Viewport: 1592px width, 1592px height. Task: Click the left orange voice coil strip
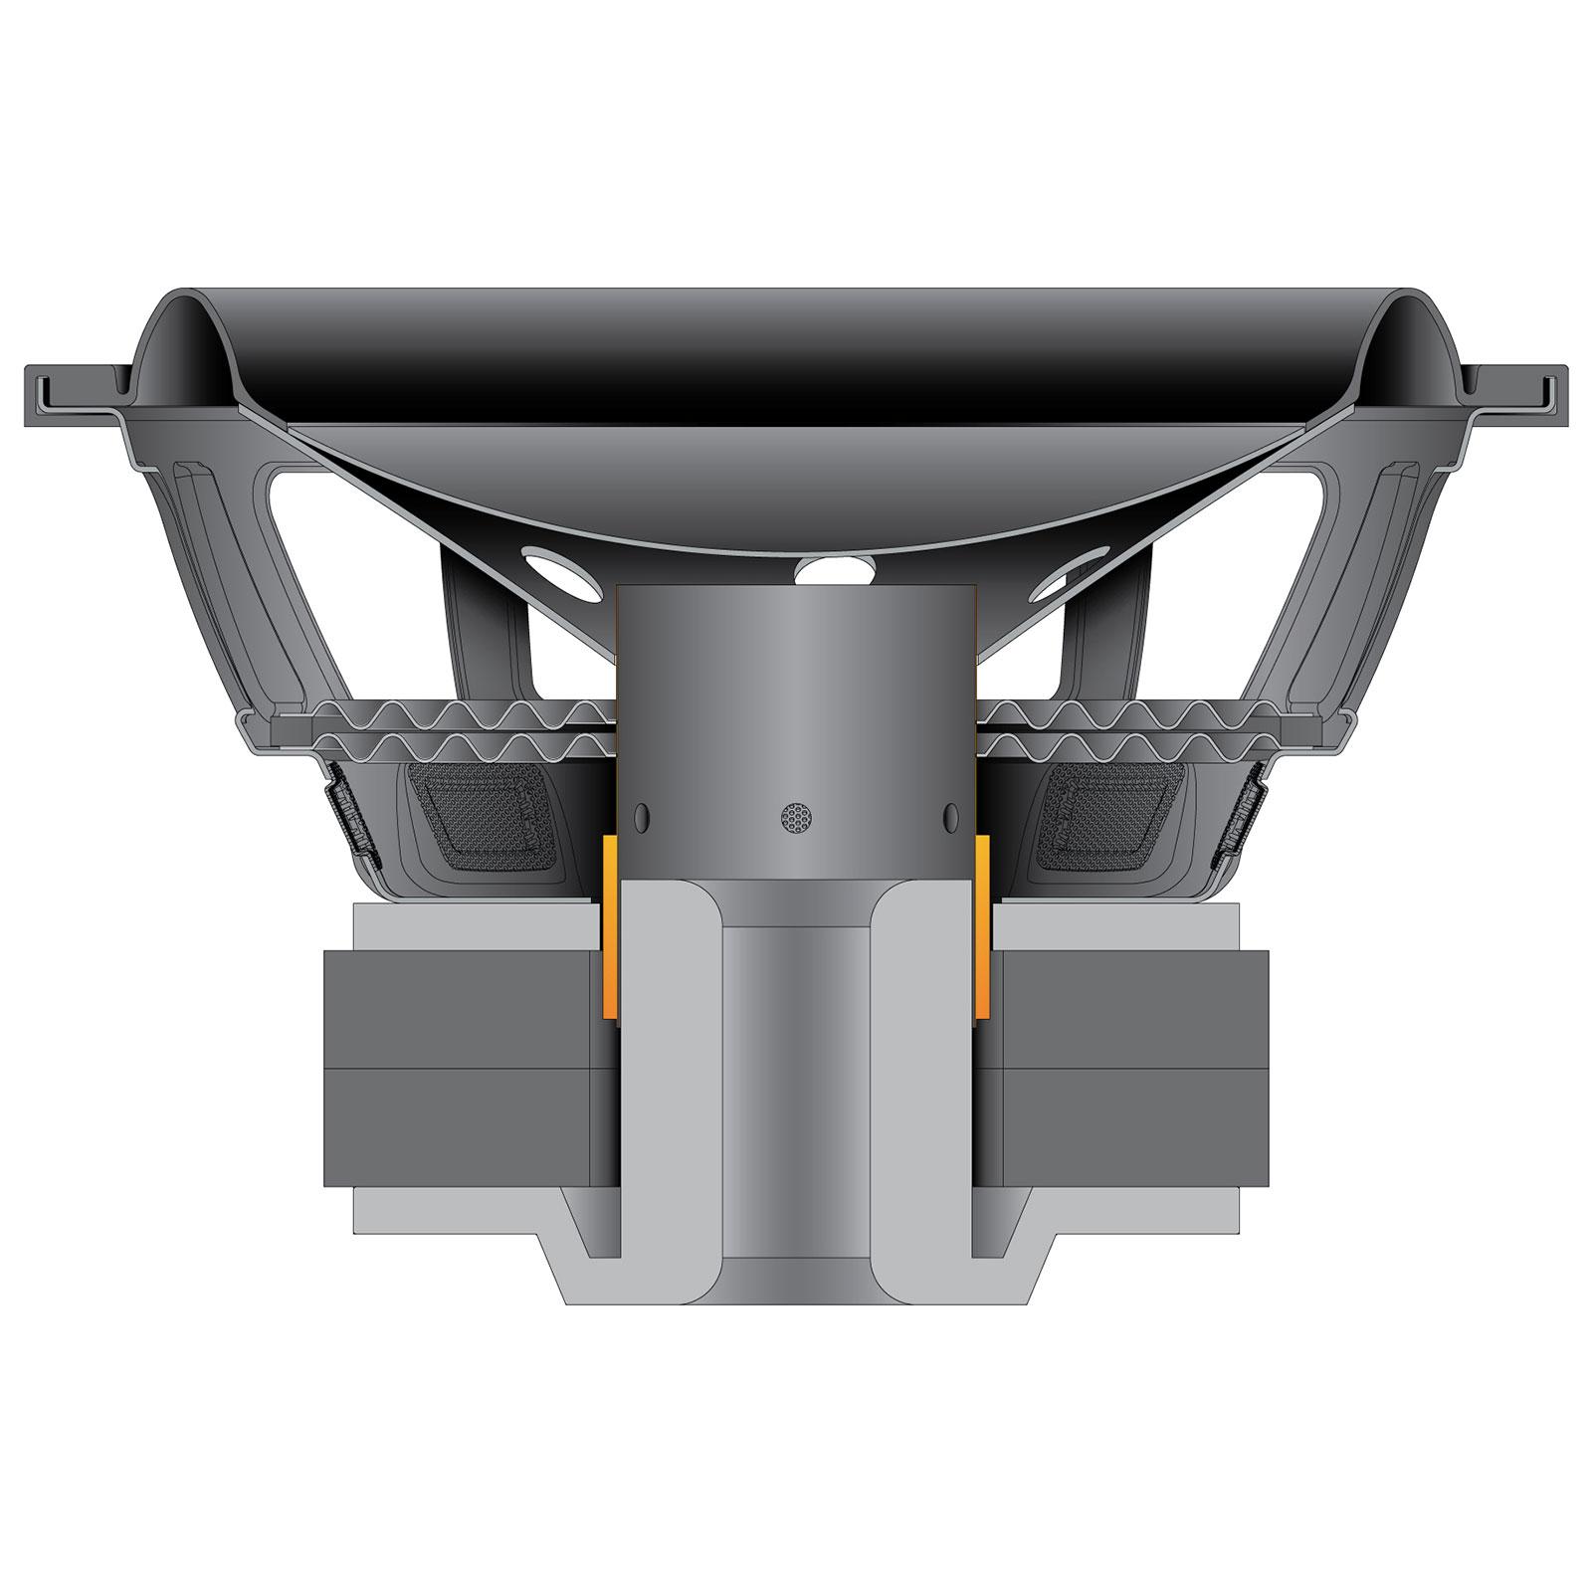click(609, 925)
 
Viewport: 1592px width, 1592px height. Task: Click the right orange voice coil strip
click(983, 925)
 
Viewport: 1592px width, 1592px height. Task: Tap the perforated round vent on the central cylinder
click(796, 817)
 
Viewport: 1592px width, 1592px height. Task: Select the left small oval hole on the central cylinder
click(641, 817)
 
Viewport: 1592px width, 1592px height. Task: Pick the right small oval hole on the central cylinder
click(950, 817)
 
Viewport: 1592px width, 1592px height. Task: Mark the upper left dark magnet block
click(458, 1009)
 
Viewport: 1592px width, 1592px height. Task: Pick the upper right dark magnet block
click(1134, 1009)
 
